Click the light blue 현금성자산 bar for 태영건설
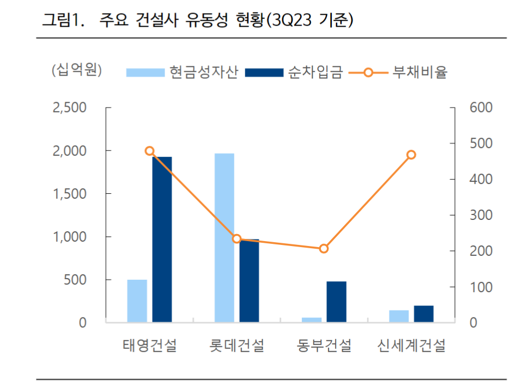point(137,301)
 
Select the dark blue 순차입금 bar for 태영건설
point(162,239)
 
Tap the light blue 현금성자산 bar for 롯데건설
point(224,238)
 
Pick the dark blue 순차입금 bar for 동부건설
point(336,302)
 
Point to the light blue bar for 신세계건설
point(399,316)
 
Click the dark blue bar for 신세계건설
point(423,314)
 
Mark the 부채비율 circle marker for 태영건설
point(150,151)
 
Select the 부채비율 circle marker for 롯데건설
point(236,239)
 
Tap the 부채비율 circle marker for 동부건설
point(324,249)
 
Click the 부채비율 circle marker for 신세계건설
point(411,155)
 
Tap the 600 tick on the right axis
point(481,108)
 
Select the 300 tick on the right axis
point(481,215)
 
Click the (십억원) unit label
point(76,71)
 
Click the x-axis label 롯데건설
point(236,346)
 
